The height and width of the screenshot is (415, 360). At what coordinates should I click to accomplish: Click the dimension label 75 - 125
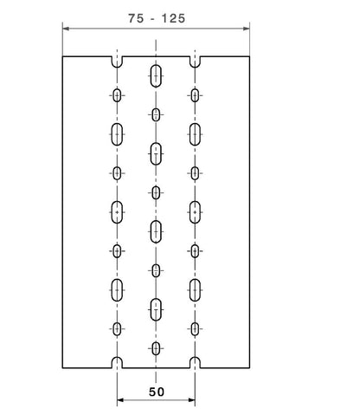pos(157,18)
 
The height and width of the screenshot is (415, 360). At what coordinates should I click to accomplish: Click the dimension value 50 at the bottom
pos(157,392)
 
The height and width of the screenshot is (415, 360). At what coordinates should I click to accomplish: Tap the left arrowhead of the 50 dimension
pos(120,400)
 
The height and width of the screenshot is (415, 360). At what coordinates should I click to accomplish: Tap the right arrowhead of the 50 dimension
pos(191,400)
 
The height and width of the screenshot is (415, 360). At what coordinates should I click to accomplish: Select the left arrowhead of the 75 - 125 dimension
pos(66,29)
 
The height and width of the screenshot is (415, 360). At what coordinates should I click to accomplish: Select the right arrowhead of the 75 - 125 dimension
pos(246,29)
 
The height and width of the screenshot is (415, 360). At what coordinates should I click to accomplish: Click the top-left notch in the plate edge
pos(117,62)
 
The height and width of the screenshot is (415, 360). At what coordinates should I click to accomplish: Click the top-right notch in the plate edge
pos(195,62)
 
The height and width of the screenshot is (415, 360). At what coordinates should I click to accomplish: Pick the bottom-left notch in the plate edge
pos(117,363)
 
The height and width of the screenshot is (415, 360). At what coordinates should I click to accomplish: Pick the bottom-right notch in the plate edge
pos(195,363)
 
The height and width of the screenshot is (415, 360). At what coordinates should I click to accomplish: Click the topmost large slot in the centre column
pos(156,76)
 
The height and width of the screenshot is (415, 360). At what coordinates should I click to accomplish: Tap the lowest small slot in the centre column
pos(156,348)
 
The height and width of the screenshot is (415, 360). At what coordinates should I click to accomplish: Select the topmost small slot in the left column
pos(117,95)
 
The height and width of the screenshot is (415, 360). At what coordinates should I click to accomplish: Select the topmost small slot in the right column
pos(195,95)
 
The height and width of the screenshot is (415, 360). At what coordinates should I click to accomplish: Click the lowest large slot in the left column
pos(117,290)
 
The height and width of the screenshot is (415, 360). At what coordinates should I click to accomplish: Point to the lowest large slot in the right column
pos(195,290)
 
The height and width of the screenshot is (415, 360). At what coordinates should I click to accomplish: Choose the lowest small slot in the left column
pos(117,329)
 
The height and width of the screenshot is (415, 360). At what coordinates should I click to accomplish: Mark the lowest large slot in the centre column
pos(156,309)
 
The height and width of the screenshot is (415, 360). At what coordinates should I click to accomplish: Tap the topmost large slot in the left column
pos(117,134)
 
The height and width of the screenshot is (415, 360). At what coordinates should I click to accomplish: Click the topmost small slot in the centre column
pos(156,115)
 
